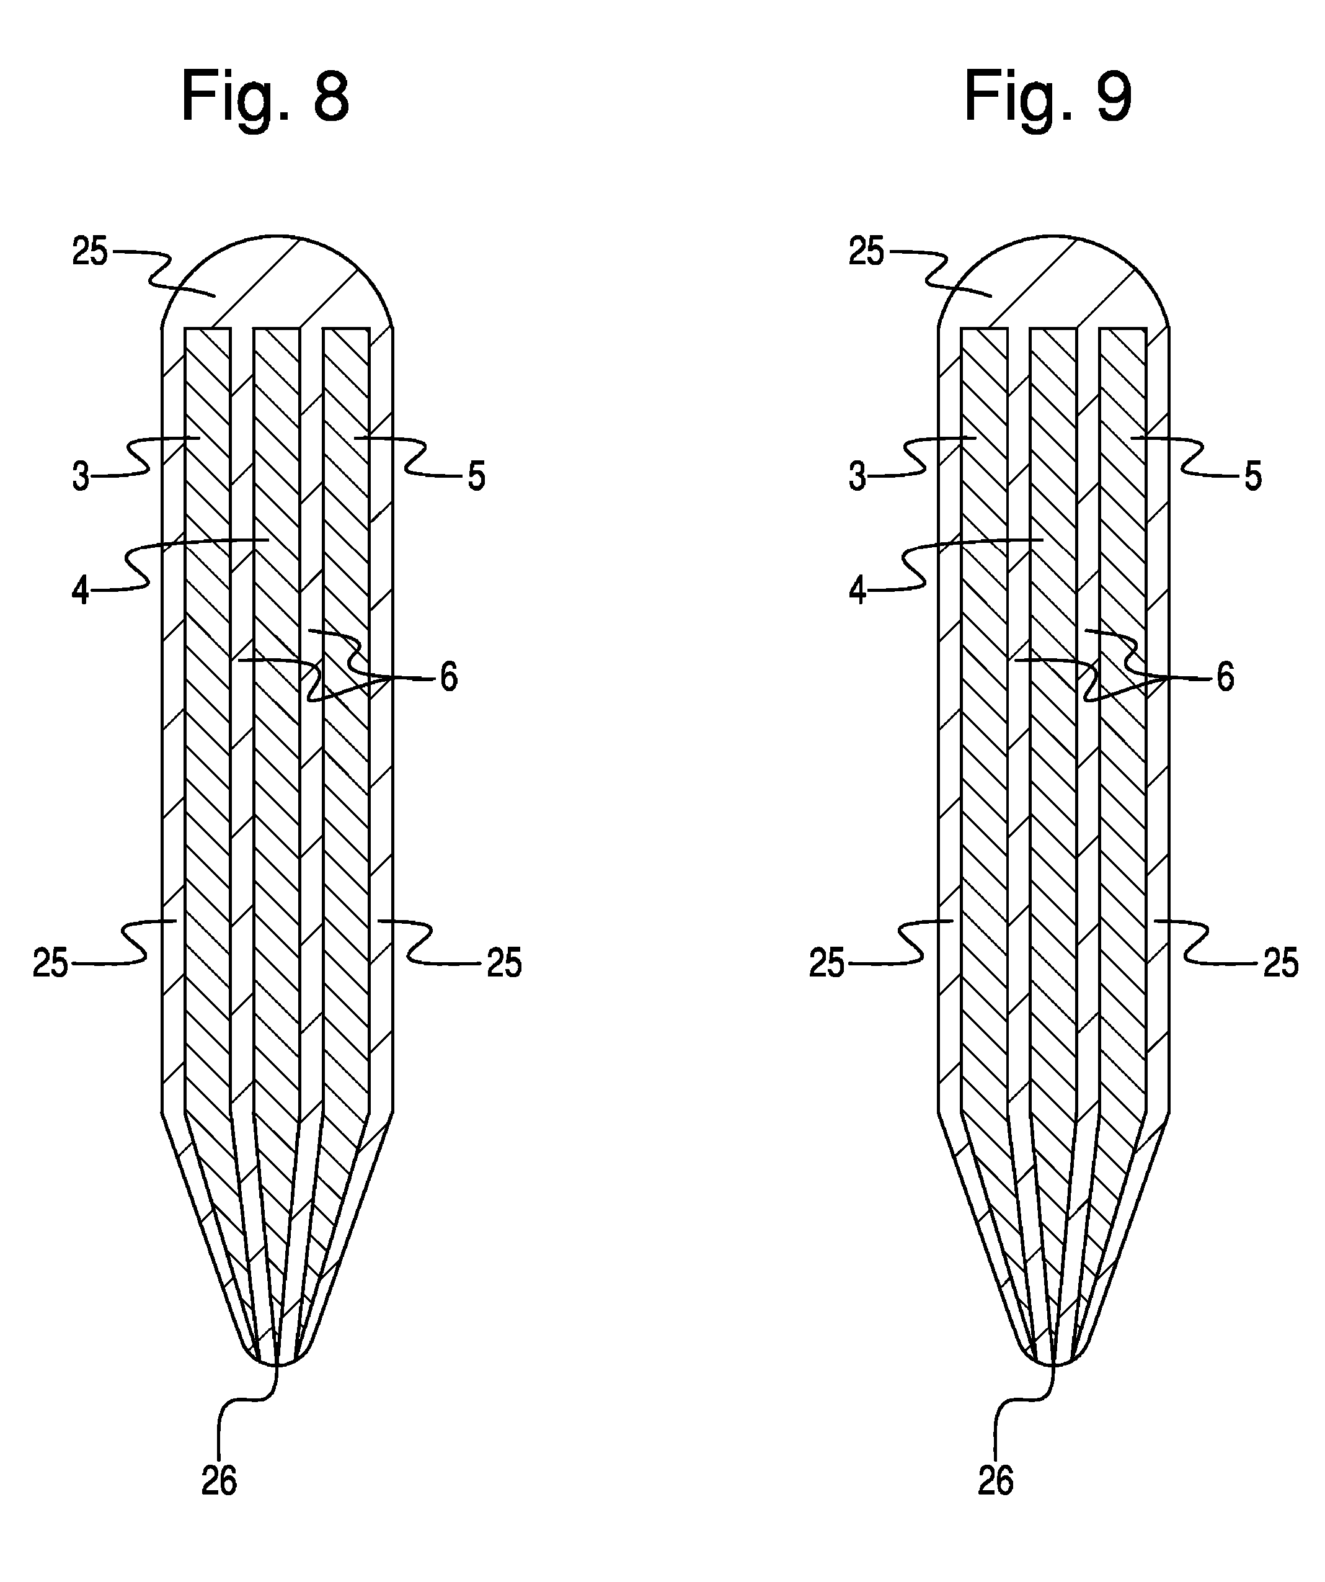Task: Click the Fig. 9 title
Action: tap(1048, 99)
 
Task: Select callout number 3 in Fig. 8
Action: tap(81, 477)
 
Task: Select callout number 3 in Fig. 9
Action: tap(857, 477)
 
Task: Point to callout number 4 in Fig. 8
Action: tap(81, 591)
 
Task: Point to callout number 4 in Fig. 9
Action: tap(857, 591)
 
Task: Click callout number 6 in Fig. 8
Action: tap(449, 678)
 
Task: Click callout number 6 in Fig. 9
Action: tap(1226, 678)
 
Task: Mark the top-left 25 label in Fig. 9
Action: tap(867, 252)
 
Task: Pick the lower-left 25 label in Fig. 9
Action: tap(827, 963)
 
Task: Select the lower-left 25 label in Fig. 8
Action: tap(50, 963)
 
